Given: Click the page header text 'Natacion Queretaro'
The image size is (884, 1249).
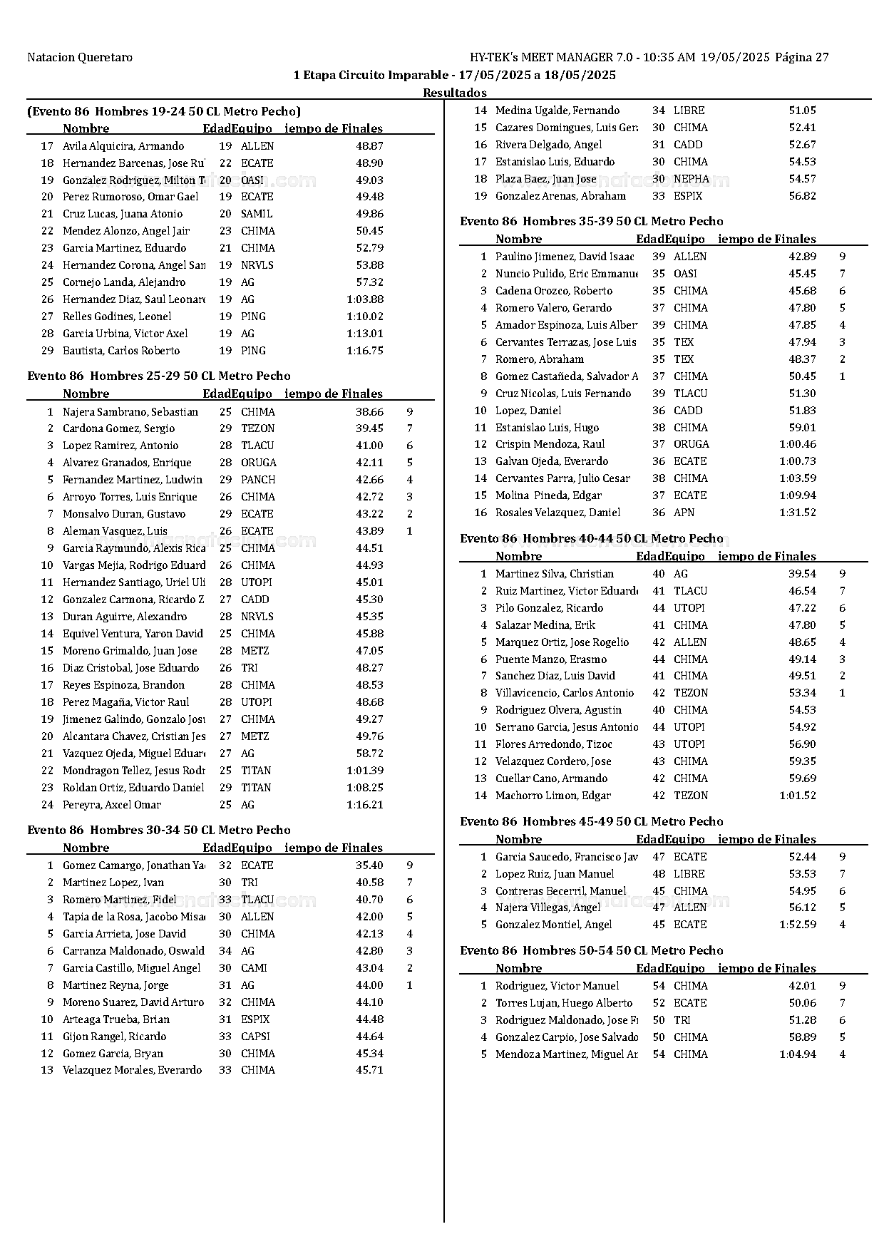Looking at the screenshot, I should [x=79, y=57].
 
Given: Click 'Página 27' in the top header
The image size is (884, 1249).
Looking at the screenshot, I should [x=801, y=57].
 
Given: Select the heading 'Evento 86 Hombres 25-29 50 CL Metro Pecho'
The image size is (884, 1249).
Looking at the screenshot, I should [x=159, y=376].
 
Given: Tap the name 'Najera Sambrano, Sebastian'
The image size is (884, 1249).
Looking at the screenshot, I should [x=130, y=411].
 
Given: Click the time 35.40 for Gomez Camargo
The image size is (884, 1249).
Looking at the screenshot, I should [x=369, y=865].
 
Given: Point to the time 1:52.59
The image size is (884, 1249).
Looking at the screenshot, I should [x=798, y=925].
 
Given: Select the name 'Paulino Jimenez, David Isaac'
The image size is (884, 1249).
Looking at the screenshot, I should [x=565, y=257].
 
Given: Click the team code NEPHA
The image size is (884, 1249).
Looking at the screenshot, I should [x=692, y=179].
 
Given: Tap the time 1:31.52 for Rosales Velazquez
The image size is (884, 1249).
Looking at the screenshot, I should [x=798, y=513].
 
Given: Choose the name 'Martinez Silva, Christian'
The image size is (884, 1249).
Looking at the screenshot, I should [x=555, y=574].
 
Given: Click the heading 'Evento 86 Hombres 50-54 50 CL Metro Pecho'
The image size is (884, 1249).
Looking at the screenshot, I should [x=592, y=950].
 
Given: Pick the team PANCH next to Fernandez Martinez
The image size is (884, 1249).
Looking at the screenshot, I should [x=258, y=480].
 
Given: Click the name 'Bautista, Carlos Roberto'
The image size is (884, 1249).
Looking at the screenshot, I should [x=121, y=351].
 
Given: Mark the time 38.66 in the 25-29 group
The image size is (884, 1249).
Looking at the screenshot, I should [x=369, y=411].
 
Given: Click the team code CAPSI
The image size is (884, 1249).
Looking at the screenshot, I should [x=255, y=1036].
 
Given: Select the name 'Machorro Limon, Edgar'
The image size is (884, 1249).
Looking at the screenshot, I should [x=553, y=796].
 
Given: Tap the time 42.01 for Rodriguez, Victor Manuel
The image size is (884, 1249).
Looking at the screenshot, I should [x=802, y=986].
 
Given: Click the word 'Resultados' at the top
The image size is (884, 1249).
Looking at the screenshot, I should [x=455, y=93].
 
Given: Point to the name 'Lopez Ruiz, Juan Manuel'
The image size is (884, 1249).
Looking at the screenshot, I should [x=555, y=874].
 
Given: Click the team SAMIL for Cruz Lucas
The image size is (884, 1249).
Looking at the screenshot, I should [x=257, y=214].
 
